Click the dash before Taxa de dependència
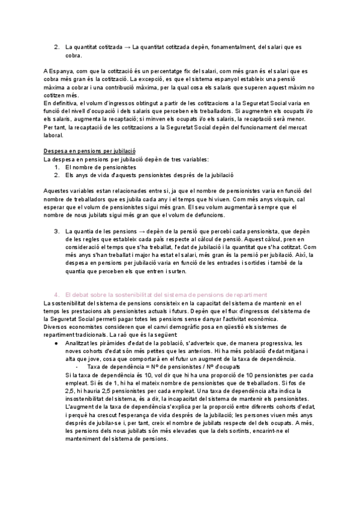pyautogui.click(x=77, y=366)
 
